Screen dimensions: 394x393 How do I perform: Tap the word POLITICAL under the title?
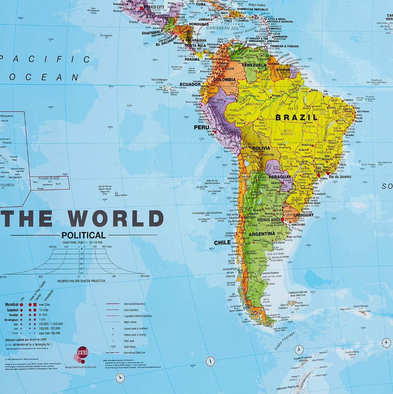(84, 235)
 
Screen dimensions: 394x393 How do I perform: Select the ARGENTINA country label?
(262, 234)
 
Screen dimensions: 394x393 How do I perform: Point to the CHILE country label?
(222, 243)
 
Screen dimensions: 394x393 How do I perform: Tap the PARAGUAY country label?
(280, 177)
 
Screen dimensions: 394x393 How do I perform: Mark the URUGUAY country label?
(304, 215)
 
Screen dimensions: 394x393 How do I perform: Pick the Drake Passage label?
(285, 342)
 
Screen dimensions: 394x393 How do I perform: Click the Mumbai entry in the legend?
(12, 305)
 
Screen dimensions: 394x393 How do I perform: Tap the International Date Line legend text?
(134, 353)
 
